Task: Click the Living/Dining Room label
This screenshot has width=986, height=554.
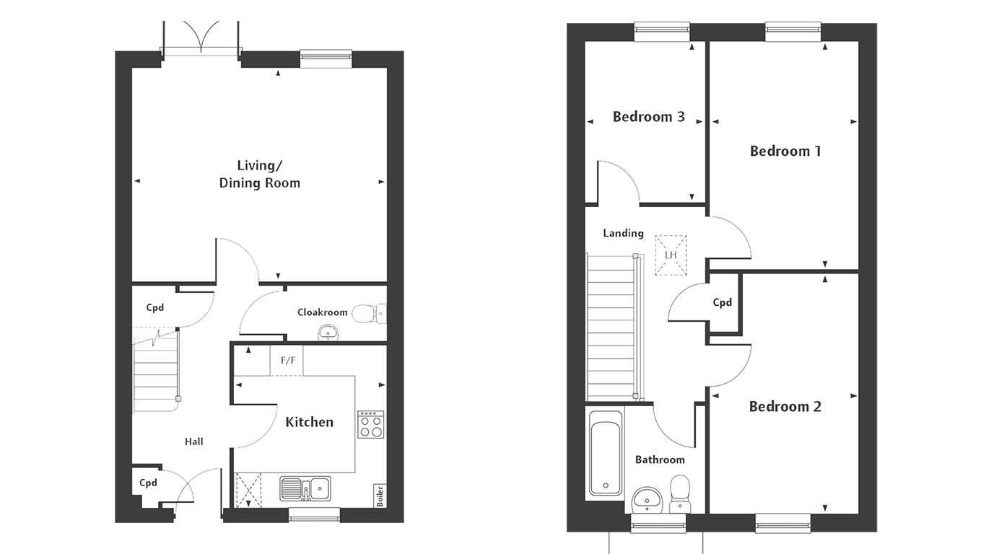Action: (260, 175)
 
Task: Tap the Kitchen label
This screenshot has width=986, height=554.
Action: (309, 422)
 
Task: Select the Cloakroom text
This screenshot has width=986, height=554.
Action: (322, 312)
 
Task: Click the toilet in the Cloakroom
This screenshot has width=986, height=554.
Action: (370, 314)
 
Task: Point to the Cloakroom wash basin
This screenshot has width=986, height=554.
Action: (328, 333)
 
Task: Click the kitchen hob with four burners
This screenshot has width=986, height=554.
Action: (370, 424)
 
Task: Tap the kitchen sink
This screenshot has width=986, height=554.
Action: (305, 488)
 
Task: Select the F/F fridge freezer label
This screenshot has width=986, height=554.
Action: (288, 361)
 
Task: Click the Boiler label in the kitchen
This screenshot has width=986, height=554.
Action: (380, 496)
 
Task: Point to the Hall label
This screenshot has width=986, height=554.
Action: (193, 441)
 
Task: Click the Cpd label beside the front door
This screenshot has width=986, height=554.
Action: (148, 483)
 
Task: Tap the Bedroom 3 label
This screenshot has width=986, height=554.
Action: (649, 117)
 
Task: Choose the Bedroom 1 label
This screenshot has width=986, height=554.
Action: (785, 151)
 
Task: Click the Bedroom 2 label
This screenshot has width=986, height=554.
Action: (785, 406)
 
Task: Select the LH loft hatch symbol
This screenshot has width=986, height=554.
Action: (671, 255)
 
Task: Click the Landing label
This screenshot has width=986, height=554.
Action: (624, 233)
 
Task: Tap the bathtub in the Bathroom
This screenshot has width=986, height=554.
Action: (606, 453)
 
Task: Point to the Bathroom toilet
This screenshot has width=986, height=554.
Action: (680, 493)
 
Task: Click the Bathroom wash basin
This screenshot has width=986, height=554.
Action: (647, 500)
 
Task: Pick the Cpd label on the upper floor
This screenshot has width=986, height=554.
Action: (723, 302)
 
